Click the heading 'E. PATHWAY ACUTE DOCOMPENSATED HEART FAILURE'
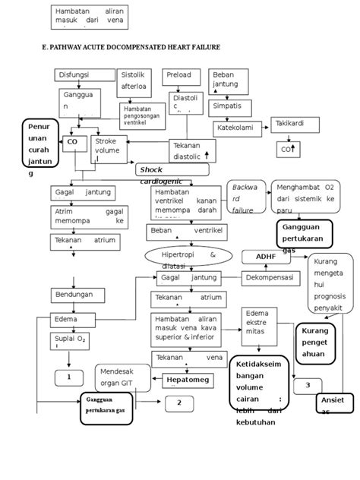pos(131,47)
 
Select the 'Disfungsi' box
pos(81,75)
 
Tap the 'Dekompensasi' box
pos(270,279)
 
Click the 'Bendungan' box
pos(75,293)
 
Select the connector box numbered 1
pos(69,376)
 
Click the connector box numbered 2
pos(179,403)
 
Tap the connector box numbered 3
pos(308,386)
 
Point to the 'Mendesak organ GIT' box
pos(118,377)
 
